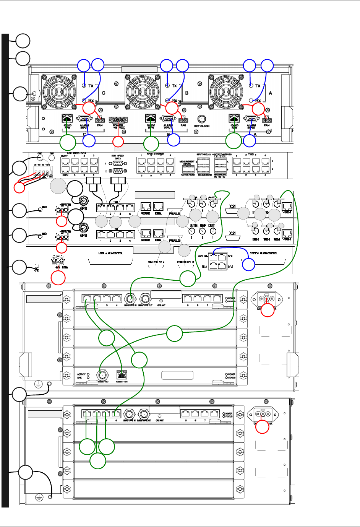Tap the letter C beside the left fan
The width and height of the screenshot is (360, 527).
104,93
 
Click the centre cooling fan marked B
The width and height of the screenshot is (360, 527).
142,90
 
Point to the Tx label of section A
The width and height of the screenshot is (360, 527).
258,86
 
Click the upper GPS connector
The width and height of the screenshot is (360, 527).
83,201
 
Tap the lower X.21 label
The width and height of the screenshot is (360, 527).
232,233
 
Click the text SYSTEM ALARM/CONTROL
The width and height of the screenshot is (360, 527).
264,253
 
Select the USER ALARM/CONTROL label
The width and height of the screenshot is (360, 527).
110,253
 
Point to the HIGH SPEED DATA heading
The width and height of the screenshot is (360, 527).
118,157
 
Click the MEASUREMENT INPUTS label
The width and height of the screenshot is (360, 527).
187,163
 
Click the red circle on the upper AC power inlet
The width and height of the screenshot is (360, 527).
268,309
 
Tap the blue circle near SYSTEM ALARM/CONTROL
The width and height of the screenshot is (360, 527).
249,264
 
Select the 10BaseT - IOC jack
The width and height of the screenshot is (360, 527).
123,374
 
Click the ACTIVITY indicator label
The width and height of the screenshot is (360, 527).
81,374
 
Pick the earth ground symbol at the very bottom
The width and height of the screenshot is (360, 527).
39,497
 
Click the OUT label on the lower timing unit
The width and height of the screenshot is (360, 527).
212,226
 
